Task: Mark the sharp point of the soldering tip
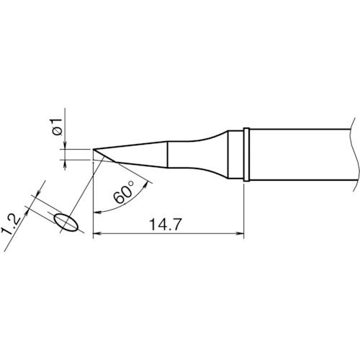(x=93, y=150)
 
